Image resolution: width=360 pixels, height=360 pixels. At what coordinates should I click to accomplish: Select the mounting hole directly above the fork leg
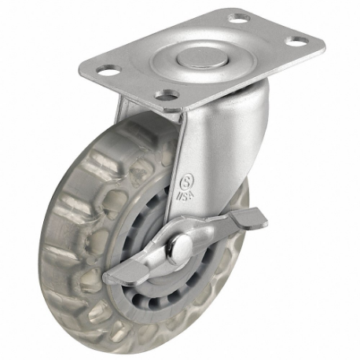165,96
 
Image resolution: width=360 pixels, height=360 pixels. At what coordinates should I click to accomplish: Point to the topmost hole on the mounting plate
238,17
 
